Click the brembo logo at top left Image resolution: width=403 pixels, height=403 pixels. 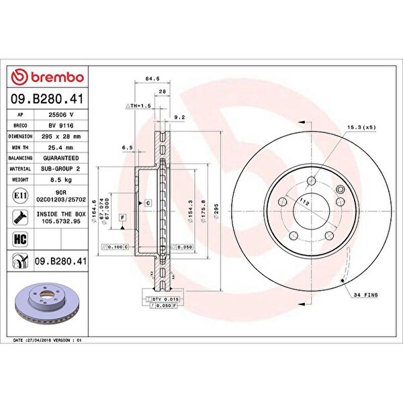[x=47, y=77]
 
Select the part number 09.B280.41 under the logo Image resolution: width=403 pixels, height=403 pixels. [x=47, y=99]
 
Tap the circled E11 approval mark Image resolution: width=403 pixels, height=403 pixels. [x=20, y=195]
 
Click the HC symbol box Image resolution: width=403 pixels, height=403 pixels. [x=20, y=238]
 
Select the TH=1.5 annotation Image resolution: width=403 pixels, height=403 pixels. [x=140, y=106]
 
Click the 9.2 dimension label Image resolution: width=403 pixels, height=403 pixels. [x=179, y=118]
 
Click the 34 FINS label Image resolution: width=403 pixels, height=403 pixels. [x=366, y=295]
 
